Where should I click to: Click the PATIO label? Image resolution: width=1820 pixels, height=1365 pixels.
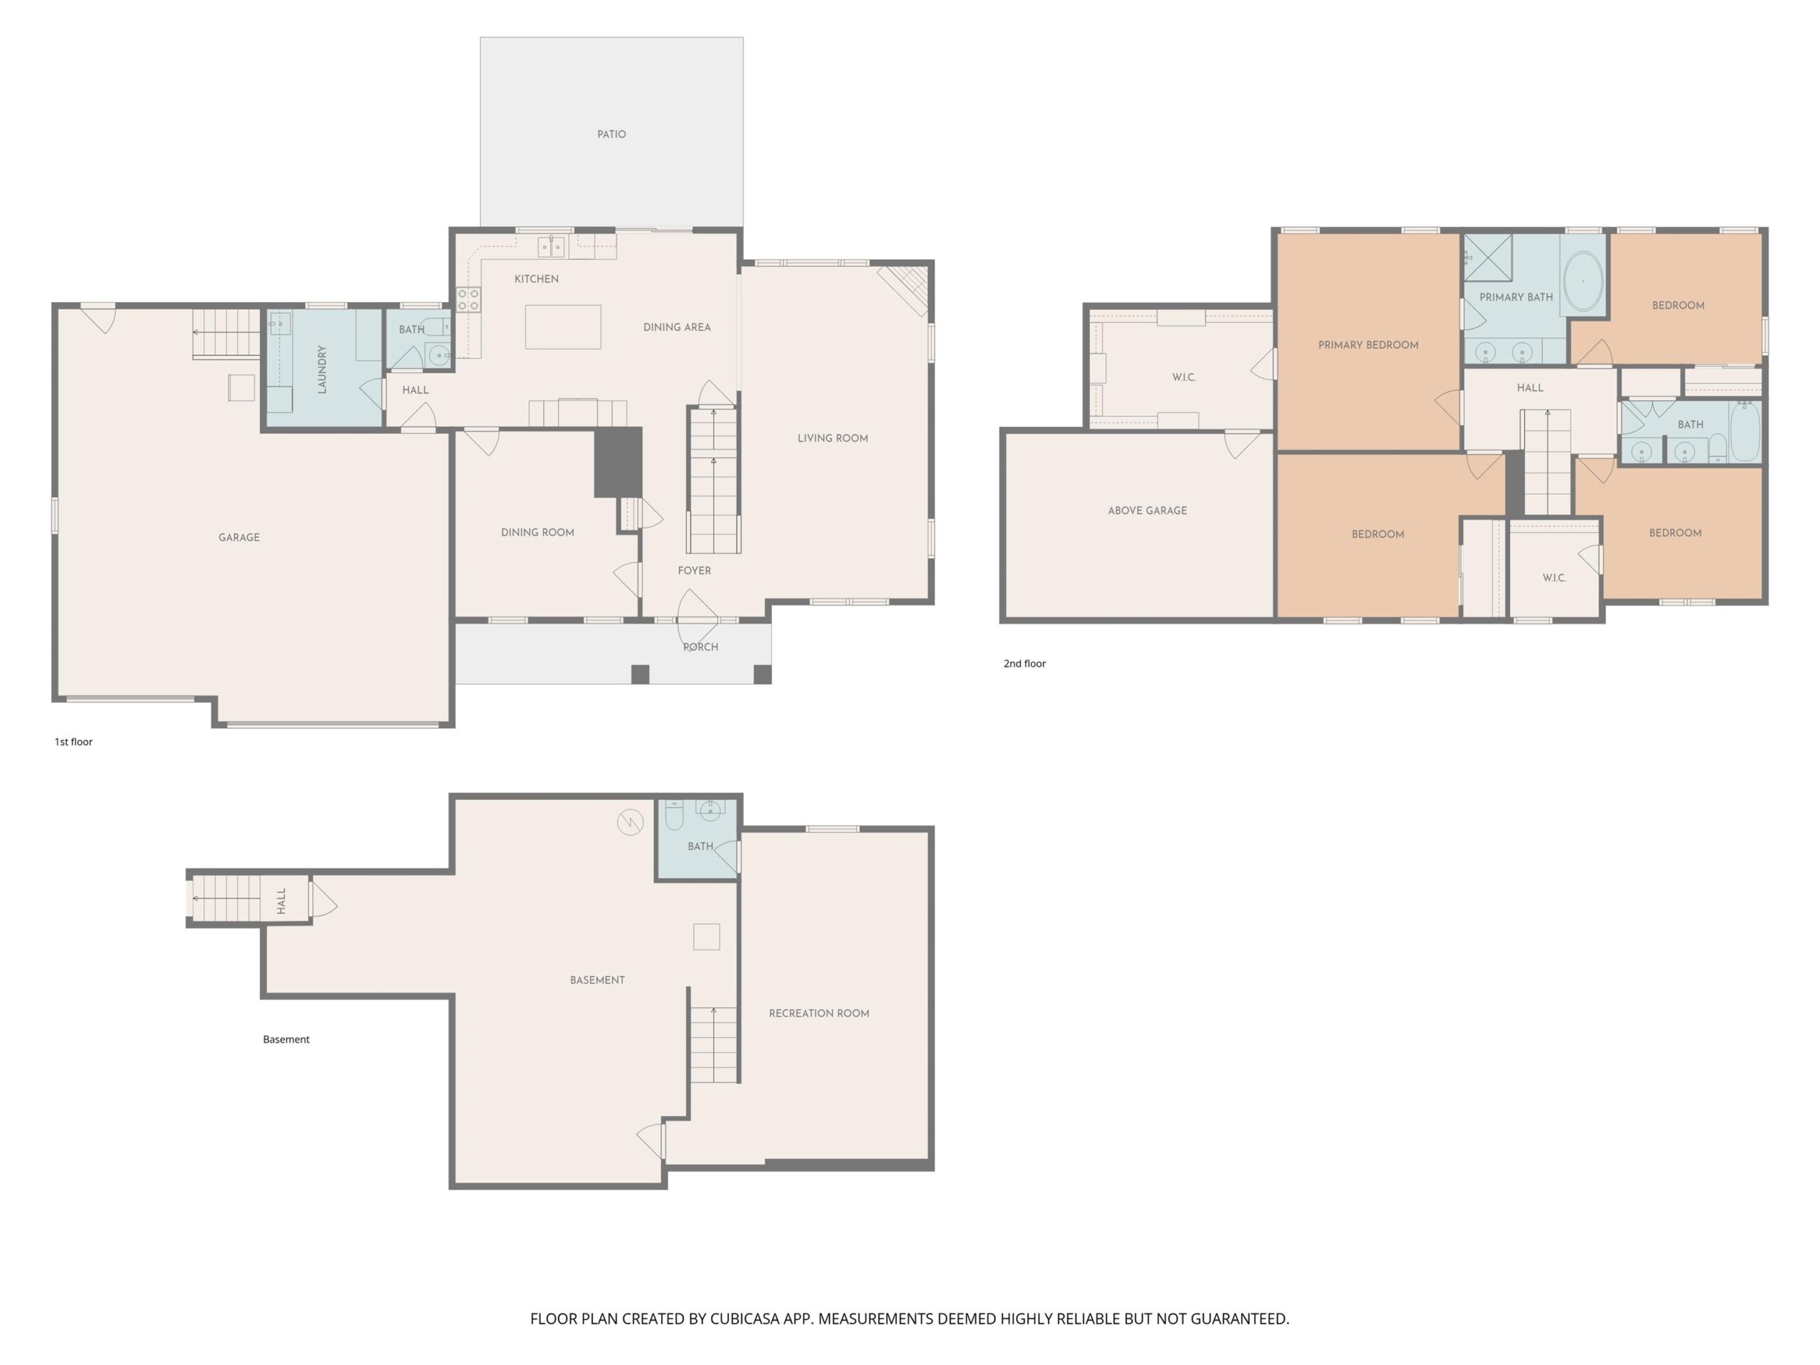[611, 134]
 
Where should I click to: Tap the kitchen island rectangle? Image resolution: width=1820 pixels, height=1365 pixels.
[563, 326]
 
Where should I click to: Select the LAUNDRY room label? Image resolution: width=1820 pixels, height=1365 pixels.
[322, 370]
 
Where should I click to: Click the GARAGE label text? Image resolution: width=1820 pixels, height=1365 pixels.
[240, 537]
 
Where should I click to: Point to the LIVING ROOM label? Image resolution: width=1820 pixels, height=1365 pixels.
[833, 439]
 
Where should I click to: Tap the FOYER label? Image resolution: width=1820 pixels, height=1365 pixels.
[695, 570]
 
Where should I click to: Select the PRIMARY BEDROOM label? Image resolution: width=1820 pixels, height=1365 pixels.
[1369, 345]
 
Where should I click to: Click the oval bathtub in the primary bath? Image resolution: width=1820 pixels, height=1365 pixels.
[1583, 282]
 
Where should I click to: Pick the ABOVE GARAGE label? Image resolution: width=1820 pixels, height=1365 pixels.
[1147, 511]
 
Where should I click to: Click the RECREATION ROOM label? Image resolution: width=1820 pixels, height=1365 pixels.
[819, 1014]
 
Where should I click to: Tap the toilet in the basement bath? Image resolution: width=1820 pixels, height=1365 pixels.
[674, 815]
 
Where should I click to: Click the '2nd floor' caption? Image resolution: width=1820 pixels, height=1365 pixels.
[1024, 663]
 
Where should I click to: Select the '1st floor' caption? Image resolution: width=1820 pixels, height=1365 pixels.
[73, 742]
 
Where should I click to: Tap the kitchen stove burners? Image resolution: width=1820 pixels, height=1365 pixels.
[469, 299]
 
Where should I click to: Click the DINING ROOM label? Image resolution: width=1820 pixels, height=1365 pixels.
[537, 532]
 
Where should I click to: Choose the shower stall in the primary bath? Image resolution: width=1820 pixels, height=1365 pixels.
[1487, 257]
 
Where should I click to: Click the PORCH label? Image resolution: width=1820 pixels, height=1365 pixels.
[700, 648]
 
